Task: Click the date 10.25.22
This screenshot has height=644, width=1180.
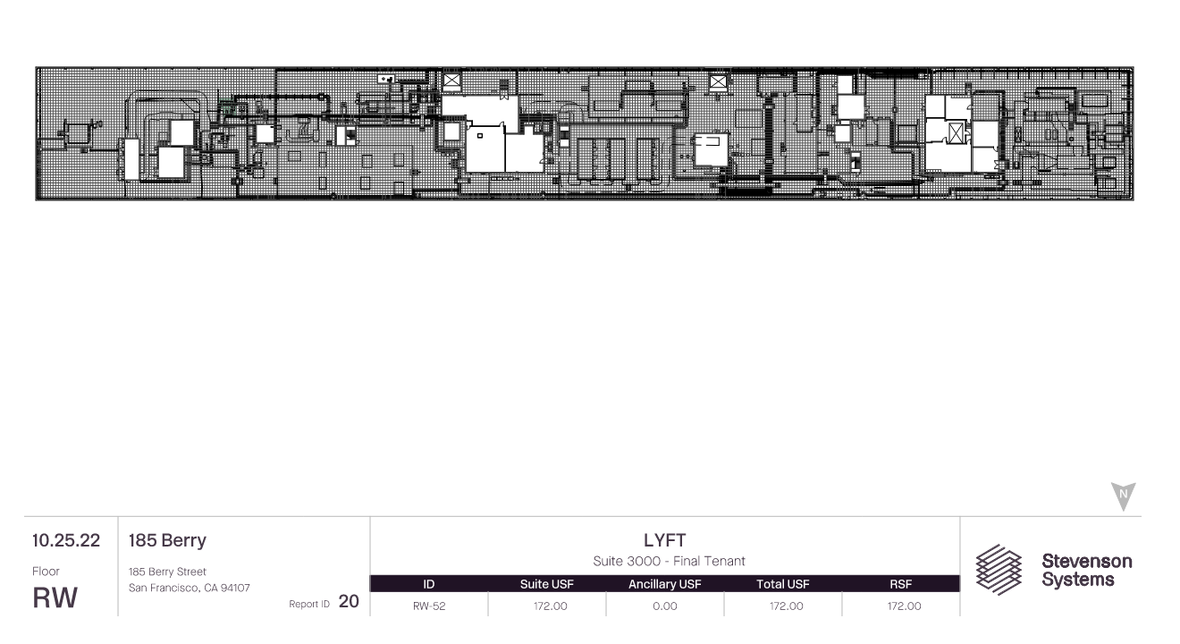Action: [66, 540]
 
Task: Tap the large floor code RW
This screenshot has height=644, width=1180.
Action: [55, 597]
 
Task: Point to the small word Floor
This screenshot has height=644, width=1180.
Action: [46, 572]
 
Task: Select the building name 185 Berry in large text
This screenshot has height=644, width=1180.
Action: [167, 541]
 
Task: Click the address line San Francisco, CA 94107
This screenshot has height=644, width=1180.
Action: [190, 588]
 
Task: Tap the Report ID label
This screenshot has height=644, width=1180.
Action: [309, 604]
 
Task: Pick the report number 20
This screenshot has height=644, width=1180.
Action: [349, 601]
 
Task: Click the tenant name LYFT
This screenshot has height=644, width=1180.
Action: [665, 540]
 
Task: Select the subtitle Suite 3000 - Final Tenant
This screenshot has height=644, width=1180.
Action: [669, 561]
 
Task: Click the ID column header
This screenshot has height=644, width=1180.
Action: [429, 584]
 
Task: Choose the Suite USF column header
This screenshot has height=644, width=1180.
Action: [547, 584]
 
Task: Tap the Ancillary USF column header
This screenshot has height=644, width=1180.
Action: [665, 584]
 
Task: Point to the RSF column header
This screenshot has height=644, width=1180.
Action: [901, 584]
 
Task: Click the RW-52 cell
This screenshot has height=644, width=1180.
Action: [429, 606]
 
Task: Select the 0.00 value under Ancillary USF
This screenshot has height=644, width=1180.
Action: [665, 606]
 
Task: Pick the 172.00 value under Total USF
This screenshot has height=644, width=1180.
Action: [787, 606]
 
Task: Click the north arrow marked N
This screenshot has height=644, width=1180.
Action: [1123, 496]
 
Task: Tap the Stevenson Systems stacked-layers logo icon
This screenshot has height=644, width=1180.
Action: [999, 570]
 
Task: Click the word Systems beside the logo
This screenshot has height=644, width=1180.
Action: [1078, 580]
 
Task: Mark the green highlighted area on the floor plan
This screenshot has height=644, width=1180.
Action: [226, 107]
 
